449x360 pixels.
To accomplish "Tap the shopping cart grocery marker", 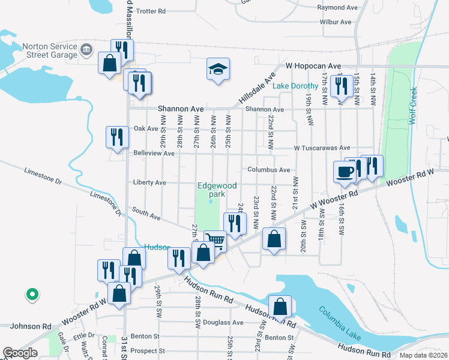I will pos(215,241).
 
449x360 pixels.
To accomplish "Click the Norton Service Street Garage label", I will pos(50,51).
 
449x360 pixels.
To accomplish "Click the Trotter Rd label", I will pos(151,11).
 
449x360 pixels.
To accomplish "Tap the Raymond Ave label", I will pos(337,8).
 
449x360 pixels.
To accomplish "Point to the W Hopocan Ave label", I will pos(313,65).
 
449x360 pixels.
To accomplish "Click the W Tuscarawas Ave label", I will pos(322,148).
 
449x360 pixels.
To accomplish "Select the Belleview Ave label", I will pos(153,154).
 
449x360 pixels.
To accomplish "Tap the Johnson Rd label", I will pos(30,326).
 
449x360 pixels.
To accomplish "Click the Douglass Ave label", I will pos(223,322).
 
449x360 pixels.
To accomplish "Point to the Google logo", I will pos(20,353).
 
